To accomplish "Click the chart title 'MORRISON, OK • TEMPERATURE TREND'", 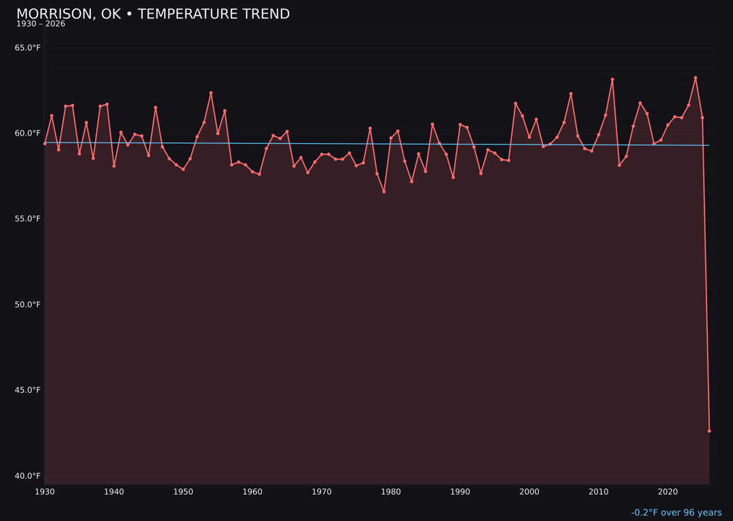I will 153,14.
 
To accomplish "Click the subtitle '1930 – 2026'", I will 41,24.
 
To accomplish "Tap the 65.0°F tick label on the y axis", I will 28,47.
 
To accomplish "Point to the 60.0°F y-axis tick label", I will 28,133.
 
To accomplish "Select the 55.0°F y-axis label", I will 28,218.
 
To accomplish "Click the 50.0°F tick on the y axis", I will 28,304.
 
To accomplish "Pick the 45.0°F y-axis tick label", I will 28,390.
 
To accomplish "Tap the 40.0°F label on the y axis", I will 28,476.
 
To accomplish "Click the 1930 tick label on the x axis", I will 45,491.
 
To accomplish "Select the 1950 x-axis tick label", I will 183,491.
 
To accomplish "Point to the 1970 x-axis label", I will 322,491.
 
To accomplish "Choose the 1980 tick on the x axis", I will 391,491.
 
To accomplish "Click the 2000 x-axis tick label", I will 529,491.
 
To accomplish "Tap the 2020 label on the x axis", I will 668,491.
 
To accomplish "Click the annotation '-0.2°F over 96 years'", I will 676,513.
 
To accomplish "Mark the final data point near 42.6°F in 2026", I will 709,431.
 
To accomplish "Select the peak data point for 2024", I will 695,78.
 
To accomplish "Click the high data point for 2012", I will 612,79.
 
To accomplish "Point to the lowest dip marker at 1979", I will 384,191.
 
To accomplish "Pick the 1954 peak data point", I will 211,93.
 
